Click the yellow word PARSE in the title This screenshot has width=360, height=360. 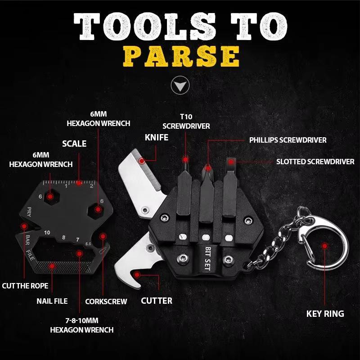[181, 57]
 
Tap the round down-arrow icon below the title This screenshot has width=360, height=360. [180, 85]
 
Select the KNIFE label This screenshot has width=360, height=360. [156, 137]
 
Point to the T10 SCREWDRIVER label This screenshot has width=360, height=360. [186, 121]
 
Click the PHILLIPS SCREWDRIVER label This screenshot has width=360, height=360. [288, 140]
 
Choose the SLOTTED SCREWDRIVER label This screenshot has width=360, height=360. [315, 162]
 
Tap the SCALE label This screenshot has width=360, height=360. [74, 144]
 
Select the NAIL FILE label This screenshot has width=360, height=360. [52, 301]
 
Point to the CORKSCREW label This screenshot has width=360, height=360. [106, 301]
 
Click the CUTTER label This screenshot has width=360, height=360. [157, 300]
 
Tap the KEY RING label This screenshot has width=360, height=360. [325, 314]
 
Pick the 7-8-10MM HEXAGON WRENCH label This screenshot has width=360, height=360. [81, 325]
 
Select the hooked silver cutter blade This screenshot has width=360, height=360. [135, 261]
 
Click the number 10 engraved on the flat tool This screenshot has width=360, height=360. [47, 233]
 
